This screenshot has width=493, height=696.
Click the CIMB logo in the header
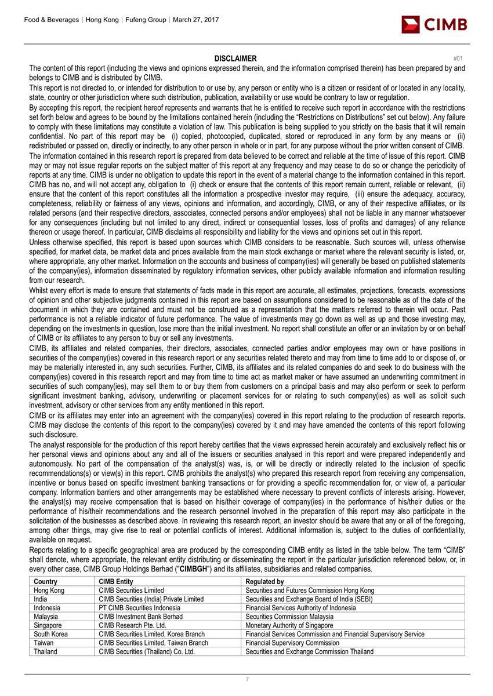pyautogui.click(x=434, y=25)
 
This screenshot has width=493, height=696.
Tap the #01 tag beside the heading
pyautogui.click(x=458, y=58)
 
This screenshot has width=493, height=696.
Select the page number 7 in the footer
pyautogui.click(x=246, y=679)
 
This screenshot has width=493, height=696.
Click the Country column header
pyautogui.click(x=46, y=582)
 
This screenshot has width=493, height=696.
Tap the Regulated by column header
pyautogui.click(x=264, y=582)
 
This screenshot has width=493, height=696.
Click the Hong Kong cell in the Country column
pyautogui.click(x=49, y=591)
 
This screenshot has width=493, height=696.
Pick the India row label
pyautogui.click(x=41, y=599)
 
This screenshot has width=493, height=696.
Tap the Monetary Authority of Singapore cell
pyautogui.click(x=289, y=625)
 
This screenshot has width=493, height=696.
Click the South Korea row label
pyautogui.click(x=51, y=634)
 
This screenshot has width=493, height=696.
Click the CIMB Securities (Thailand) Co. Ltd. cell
pyautogui.click(x=146, y=651)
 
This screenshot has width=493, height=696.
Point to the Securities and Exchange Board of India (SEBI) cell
pyautogui.click(x=309, y=599)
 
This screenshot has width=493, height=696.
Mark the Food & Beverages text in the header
pyautogui.click(x=52, y=20)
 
